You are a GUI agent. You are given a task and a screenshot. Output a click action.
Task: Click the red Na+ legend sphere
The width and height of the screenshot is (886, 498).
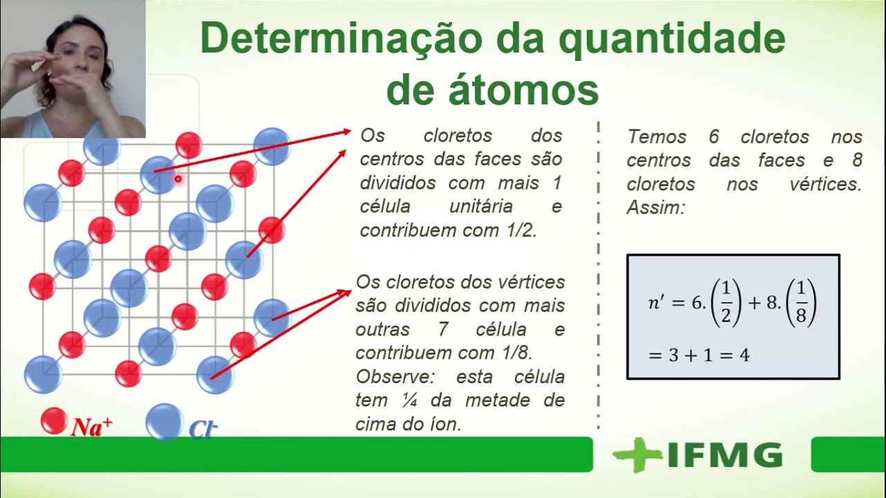(x=53, y=421)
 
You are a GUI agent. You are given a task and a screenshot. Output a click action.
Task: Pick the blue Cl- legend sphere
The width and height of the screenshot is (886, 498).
(x=164, y=422)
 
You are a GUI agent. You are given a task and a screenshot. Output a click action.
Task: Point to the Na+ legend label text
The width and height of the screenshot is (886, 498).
(x=91, y=427)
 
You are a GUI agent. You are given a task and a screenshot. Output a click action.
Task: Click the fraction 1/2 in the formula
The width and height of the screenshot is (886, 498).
(x=726, y=303)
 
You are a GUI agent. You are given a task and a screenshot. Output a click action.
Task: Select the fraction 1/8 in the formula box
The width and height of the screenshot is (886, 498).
(x=801, y=303)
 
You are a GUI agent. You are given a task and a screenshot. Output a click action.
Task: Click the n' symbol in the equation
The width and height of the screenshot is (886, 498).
(x=658, y=303)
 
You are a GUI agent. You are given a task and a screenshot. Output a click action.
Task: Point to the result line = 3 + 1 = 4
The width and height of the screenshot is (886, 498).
(x=698, y=356)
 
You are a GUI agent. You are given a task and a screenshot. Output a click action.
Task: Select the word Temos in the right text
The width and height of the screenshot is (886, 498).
(x=657, y=137)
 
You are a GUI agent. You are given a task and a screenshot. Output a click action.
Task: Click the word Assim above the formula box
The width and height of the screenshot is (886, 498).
(x=655, y=207)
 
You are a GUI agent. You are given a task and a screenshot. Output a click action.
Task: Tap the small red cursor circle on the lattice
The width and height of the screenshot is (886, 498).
(x=178, y=180)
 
